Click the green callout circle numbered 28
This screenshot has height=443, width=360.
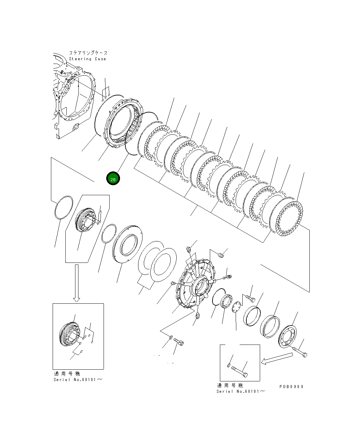click(x=113, y=179)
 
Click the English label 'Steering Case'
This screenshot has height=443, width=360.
click(x=87, y=59)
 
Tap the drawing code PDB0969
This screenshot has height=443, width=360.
click(x=291, y=386)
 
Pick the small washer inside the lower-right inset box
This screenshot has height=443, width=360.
click(x=229, y=365)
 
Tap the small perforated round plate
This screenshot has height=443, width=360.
click(x=237, y=307)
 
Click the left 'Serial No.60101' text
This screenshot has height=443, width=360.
click(x=78, y=380)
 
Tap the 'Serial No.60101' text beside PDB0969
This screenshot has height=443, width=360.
click(x=241, y=391)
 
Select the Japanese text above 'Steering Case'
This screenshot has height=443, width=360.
click(x=88, y=53)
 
